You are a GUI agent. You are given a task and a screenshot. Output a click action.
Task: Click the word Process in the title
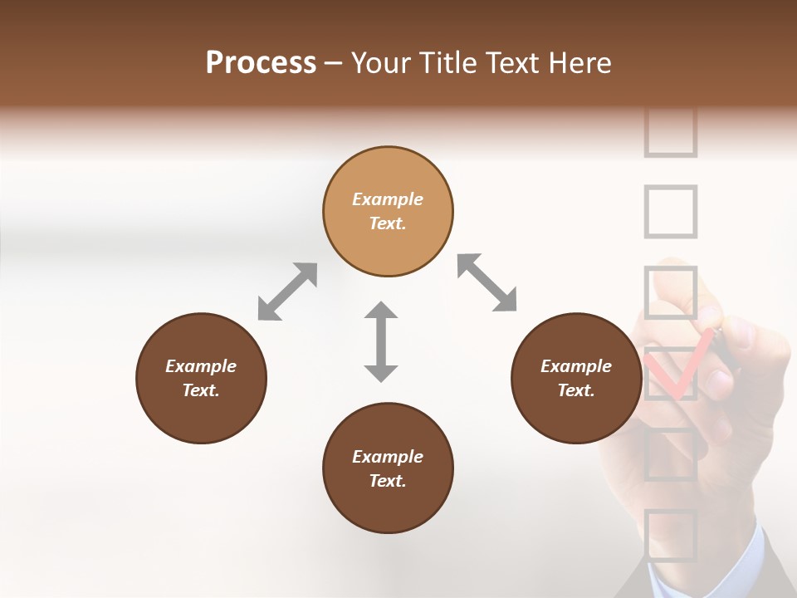click(x=261, y=63)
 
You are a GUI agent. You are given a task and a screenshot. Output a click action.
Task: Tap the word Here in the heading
click(x=580, y=63)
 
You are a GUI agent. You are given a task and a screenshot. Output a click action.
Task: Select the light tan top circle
click(x=388, y=211)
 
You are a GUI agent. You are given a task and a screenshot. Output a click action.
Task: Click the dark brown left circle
click(x=201, y=378)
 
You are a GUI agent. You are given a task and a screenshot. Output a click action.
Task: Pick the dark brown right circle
click(x=576, y=378)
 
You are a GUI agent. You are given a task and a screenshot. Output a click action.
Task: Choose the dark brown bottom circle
click(x=388, y=468)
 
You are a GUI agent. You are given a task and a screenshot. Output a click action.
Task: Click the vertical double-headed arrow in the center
click(x=381, y=341)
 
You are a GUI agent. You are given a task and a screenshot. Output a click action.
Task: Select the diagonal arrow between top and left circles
click(x=287, y=291)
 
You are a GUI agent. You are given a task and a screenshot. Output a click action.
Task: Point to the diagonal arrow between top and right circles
click(x=487, y=282)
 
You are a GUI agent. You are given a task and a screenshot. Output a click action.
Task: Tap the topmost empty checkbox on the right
click(x=670, y=133)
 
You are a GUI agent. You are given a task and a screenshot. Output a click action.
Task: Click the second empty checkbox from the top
click(x=670, y=211)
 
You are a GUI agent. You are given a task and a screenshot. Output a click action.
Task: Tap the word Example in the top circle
click(x=388, y=199)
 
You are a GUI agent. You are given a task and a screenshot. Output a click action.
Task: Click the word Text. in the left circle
click(x=201, y=390)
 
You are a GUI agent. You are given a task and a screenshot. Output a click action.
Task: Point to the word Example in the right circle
click(x=576, y=366)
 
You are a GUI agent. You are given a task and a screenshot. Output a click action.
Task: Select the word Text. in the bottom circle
click(x=388, y=481)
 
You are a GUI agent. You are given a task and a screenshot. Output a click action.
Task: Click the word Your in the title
click(x=381, y=63)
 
